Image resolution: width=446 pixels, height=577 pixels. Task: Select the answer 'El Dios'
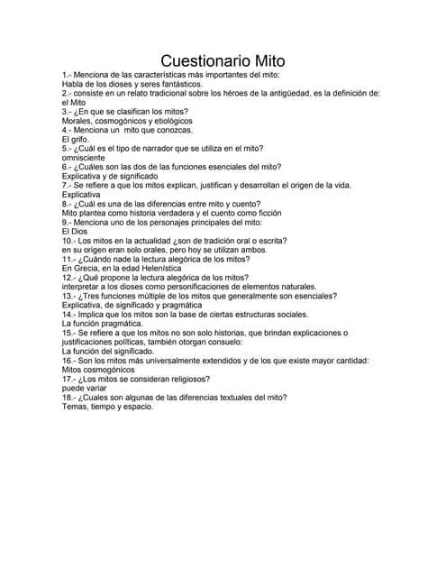[77, 231]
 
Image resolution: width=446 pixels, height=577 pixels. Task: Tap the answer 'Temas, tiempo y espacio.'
[108, 407]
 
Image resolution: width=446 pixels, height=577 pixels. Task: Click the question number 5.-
[68, 148]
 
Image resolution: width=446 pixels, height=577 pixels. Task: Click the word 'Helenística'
[159, 268]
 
